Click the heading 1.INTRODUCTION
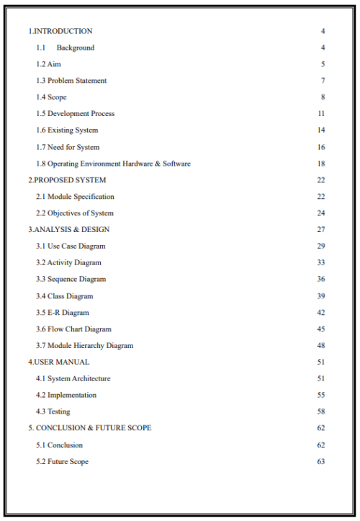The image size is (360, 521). (x=60, y=31)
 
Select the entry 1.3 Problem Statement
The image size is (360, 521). (x=71, y=81)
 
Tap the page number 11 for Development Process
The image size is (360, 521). (x=321, y=114)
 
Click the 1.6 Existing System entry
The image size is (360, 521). (x=67, y=130)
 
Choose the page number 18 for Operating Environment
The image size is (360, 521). (x=321, y=164)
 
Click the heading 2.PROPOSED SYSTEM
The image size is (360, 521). (x=66, y=180)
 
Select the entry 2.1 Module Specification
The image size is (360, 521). (x=75, y=197)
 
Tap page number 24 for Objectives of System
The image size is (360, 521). (x=321, y=213)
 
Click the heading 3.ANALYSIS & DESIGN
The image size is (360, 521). (x=68, y=230)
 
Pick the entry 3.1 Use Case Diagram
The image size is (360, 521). (x=71, y=246)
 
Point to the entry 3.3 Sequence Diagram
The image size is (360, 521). (x=71, y=280)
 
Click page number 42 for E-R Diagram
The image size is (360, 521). (x=321, y=313)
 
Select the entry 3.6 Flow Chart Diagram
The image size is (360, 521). (x=73, y=329)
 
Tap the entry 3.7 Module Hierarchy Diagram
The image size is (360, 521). (x=84, y=346)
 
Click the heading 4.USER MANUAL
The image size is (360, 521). (x=58, y=362)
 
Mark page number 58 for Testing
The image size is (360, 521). (x=321, y=411)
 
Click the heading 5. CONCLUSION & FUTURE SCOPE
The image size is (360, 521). (x=89, y=428)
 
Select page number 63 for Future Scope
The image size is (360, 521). (x=321, y=461)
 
